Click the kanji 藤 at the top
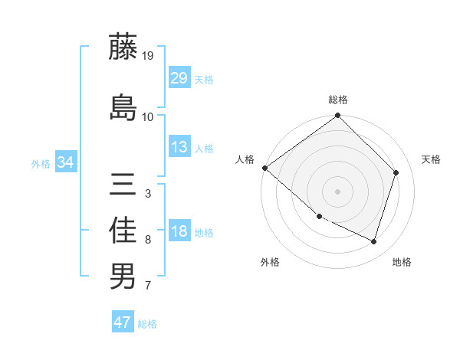tap(123, 47)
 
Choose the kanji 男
tap(123, 276)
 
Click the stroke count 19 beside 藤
tap(147, 56)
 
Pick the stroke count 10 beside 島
tap(147, 116)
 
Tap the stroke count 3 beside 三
tap(147, 194)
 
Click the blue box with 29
tap(179, 77)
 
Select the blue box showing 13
tap(179, 147)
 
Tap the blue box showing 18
tap(179, 232)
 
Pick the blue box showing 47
tap(123, 322)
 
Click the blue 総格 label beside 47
tap(147, 324)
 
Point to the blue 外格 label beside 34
tap(41, 163)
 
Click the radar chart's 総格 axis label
tap(338, 100)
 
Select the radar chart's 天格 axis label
tap(431, 159)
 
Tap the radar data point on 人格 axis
tap(264, 168)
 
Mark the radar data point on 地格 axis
tap(374, 241)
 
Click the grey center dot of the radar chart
tap(337, 191)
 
